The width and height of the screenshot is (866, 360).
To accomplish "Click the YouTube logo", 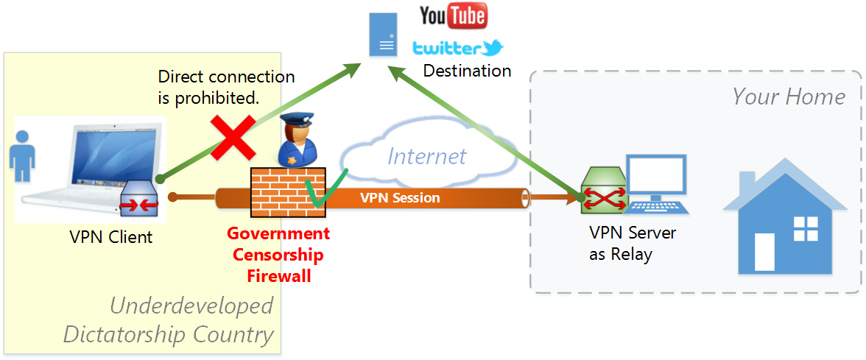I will tap(452, 15).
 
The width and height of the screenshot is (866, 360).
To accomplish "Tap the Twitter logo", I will tap(457, 49).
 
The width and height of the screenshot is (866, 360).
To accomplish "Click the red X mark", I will tap(230, 138).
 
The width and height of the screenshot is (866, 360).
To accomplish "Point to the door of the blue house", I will tap(764, 252).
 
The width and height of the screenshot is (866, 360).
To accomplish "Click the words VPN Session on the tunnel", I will tap(400, 198).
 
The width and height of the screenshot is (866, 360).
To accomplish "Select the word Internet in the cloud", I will tap(426, 156).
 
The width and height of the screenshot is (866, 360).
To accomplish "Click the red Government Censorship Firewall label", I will tap(278, 255).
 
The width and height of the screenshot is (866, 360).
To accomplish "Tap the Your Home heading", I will tap(789, 96).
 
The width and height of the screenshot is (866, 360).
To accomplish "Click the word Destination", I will tap(467, 71).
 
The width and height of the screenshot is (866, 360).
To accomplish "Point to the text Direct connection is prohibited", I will tap(226, 86).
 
